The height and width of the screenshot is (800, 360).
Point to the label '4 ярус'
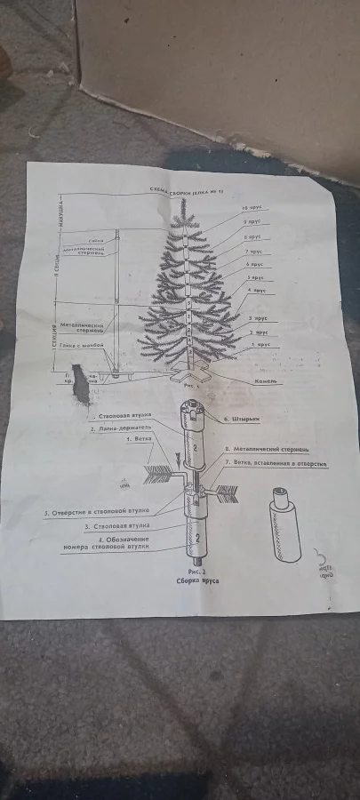click(259, 291)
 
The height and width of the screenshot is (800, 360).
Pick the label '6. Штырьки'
click(239, 418)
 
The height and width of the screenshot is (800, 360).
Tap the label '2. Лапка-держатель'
click(123, 428)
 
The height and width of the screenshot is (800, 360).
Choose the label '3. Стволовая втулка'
click(123, 525)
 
